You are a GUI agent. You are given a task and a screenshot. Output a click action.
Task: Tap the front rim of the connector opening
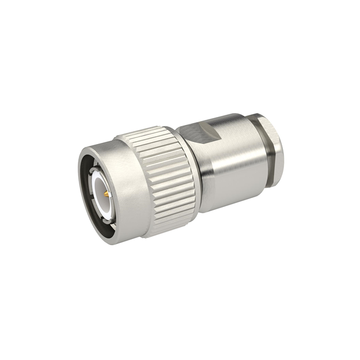pyautogui.click(x=84, y=169)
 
